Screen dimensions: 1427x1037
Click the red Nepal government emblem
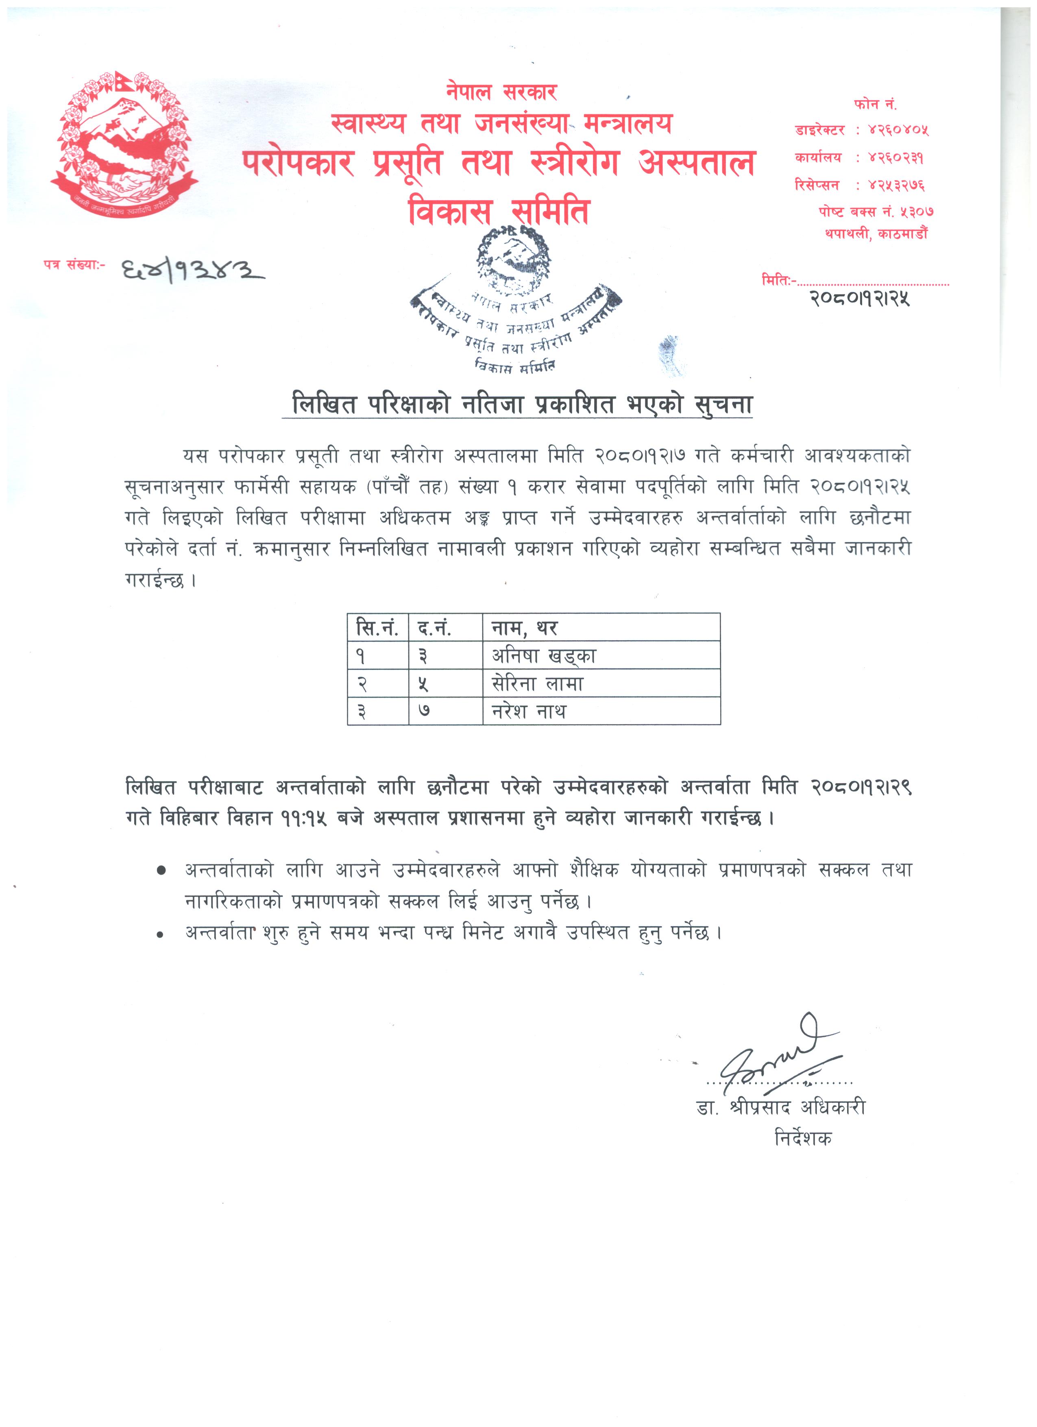tap(124, 144)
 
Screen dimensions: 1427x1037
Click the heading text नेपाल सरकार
tap(501, 92)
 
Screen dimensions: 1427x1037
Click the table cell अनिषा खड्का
tap(543, 656)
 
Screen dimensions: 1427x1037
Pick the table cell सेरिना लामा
tap(538, 683)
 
